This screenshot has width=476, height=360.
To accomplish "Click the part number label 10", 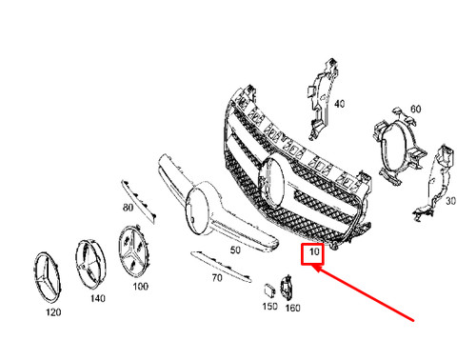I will (312, 254).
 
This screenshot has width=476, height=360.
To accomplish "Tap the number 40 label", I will (339, 104).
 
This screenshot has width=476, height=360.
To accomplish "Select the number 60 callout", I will (416, 109).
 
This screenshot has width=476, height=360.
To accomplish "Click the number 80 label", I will (128, 208).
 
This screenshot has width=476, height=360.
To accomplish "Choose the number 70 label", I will (216, 279).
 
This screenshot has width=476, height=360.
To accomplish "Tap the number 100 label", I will (140, 286).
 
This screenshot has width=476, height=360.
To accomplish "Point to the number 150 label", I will (270, 307).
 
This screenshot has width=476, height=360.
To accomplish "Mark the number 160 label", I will (293, 307).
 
